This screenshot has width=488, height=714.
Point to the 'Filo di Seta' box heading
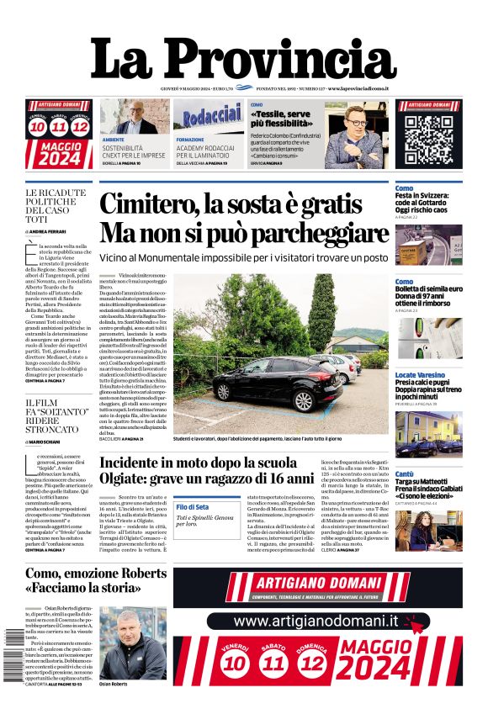(193, 507)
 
